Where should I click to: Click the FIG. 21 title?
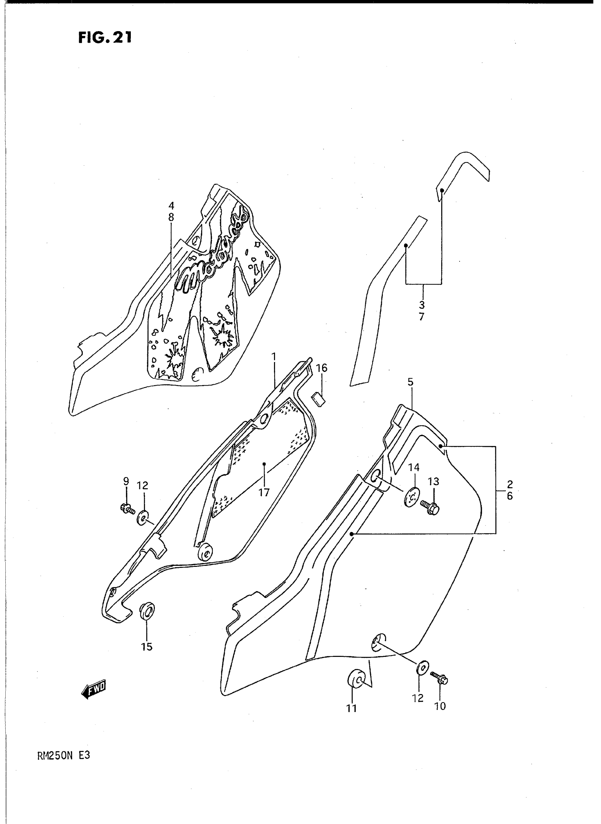(104, 37)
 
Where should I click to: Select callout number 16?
(322, 368)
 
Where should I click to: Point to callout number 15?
(147, 647)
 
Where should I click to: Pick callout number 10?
(440, 706)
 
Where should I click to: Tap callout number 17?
(264, 492)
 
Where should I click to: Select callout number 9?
(126, 481)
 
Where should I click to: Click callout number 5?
(410, 382)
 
